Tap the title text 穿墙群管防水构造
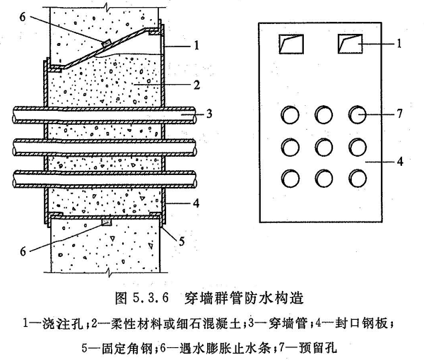click(244, 298)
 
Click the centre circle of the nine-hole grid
click(324, 147)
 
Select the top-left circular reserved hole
click(290, 115)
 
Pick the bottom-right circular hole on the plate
click(358, 179)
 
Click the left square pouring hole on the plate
click(291, 44)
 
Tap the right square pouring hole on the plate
click(351, 44)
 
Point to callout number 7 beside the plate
click(400, 114)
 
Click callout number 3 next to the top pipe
click(209, 114)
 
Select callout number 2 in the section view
click(196, 85)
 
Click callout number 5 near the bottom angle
click(182, 241)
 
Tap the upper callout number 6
click(23, 17)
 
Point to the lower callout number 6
click(23, 251)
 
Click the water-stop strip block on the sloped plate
click(106, 42)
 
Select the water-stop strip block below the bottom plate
click(107, 222)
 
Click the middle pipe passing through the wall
click(105, 148)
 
